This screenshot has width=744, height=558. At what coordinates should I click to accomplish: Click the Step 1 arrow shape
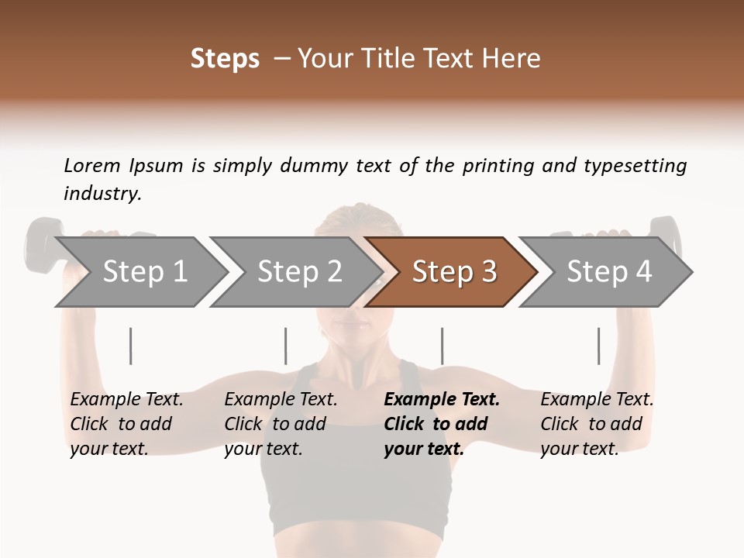143,271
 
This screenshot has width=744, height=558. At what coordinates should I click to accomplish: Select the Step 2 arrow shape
298,271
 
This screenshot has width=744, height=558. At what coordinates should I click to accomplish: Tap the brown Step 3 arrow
453,271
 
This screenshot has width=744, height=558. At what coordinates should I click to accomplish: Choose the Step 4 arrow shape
608,271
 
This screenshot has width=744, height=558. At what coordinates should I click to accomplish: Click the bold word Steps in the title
225,59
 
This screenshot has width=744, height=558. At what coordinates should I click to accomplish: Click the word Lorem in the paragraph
91,165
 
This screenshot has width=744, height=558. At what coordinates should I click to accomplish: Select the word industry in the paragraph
102,194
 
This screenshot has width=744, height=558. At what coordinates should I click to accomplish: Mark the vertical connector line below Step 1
131,346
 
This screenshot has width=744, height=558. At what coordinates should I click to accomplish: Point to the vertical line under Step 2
286,346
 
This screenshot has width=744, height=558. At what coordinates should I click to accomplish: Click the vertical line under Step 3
442,346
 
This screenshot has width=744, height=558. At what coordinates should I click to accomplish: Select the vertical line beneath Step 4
598,346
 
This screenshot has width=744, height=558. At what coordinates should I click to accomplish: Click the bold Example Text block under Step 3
440,424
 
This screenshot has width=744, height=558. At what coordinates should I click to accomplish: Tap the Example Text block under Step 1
126,424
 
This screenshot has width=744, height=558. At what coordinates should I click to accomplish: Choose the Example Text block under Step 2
280,424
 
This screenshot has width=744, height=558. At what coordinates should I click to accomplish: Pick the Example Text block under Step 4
596,424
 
